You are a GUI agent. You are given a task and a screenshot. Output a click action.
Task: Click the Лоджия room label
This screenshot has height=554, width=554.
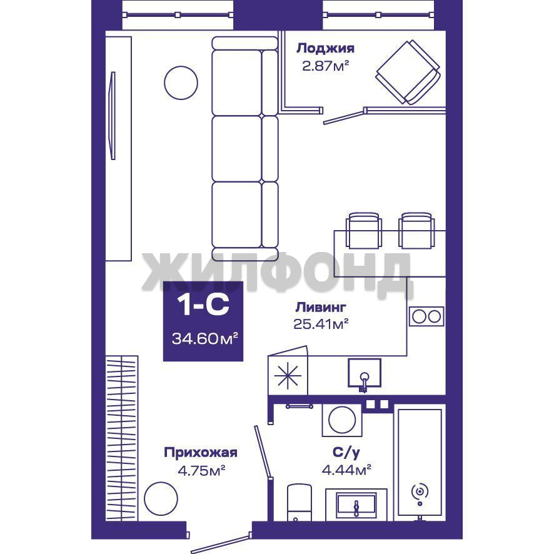325,48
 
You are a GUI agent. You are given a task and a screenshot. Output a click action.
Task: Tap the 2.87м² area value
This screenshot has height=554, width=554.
325,66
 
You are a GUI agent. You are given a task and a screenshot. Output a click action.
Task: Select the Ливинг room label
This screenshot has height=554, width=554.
321,307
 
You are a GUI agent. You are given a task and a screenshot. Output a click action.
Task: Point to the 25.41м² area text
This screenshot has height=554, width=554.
321,324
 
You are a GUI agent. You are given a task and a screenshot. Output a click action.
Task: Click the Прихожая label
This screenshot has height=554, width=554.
200,453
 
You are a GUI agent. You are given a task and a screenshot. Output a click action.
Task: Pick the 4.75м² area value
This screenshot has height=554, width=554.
201,470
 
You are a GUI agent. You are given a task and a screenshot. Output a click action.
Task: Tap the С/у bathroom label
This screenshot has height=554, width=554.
346,452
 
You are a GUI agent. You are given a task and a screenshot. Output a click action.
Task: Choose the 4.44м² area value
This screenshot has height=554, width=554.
346,470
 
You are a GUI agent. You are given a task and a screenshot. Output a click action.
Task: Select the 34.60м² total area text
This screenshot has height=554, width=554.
204,339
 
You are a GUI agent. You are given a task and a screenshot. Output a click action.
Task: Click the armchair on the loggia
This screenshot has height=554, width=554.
408,73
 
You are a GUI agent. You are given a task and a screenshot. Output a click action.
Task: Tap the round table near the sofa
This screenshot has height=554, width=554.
181,83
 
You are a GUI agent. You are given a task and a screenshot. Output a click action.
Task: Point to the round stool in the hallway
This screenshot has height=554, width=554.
161,498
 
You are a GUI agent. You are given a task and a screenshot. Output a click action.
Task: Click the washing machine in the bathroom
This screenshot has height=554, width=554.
342,420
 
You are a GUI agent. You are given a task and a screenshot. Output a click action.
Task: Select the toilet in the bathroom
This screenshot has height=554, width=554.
300,503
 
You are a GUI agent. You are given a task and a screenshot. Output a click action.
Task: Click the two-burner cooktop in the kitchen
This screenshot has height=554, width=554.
426,316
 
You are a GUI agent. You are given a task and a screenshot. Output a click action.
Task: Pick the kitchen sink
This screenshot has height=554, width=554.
365,373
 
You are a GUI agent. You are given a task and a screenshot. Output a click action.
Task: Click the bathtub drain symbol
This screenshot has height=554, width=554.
420,491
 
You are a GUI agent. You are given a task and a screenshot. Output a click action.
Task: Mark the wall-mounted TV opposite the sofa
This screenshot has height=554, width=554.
113,116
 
